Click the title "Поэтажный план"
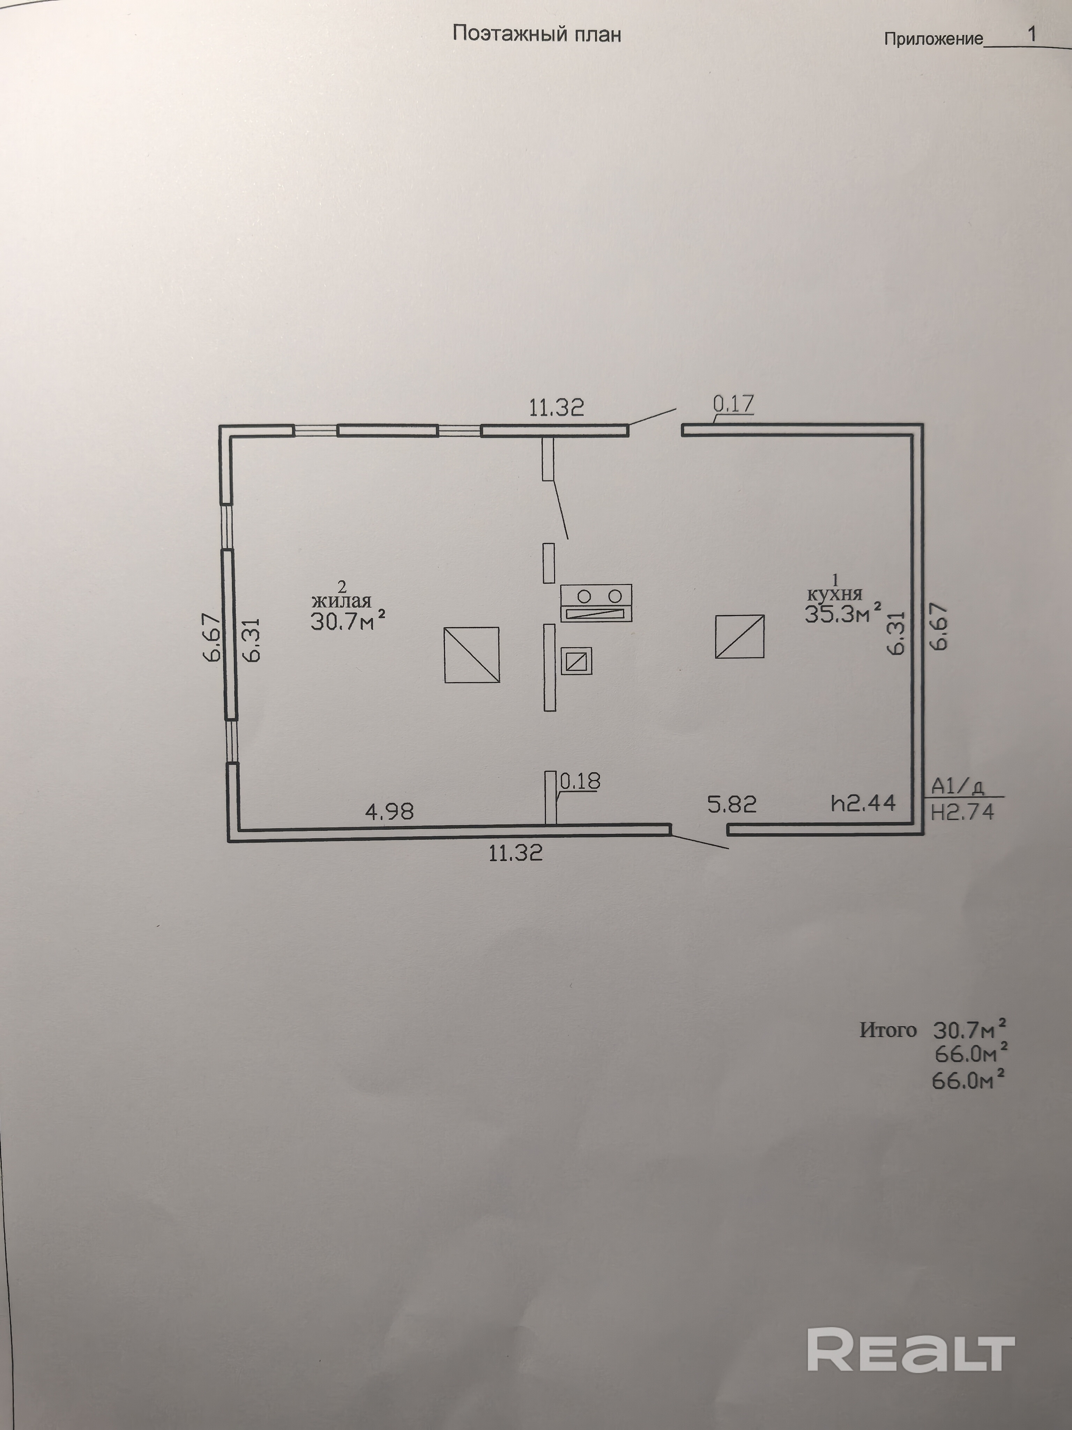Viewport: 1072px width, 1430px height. (536, 34)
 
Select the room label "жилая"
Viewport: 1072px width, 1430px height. (341, 601)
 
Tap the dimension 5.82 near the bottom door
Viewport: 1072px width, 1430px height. (731, 804)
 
